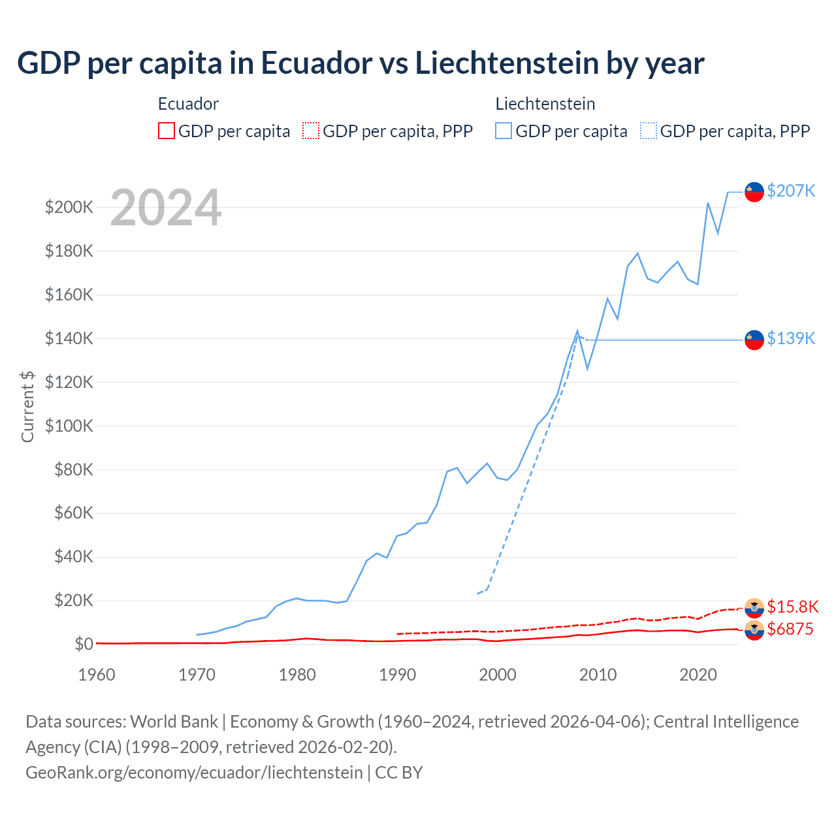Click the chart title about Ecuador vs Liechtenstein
click(x=361, y=63)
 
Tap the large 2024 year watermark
click(x=166, y=208)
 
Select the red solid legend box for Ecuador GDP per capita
click(x=167, y=131)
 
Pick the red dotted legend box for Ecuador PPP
click(x=311, y=131)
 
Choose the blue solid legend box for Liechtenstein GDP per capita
click(x=504, y=131)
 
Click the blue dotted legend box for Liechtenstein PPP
click(x=649, y=131)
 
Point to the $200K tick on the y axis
click(x=69, y=208)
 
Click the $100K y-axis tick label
click(x=69, y=426)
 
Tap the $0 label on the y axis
click(x=84, y=644)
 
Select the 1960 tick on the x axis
click(x=97, y=675)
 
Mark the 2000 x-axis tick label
click(x=498, y=675)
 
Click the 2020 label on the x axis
click(x=698, y=675)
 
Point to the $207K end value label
click(x=791, y=191)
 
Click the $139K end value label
click(x=791, y=338)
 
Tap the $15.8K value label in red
click(x=792, y=607)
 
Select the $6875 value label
click(x=790, y=629)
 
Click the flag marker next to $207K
click(x=754, y=192)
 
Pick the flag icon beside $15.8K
click(x=754, y=607)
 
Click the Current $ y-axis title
click(x=27, y=406)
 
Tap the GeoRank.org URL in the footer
click(x=194, y=773)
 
